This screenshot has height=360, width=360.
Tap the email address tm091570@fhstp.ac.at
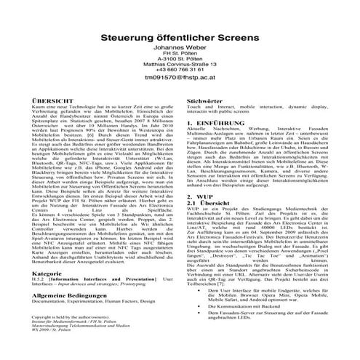180,96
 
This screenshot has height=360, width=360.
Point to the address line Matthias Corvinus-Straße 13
180,79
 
